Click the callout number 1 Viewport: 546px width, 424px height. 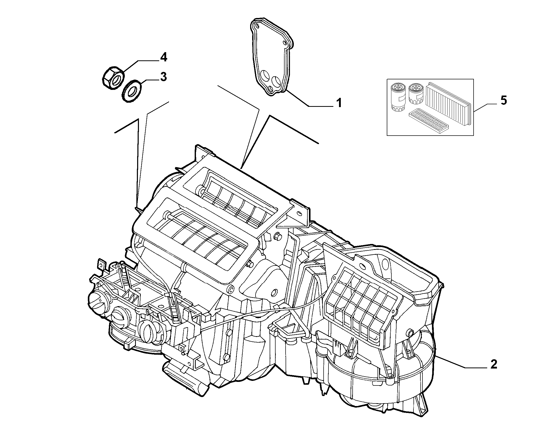(x=339, y=103)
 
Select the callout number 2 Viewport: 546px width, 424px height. (x=493, y=364)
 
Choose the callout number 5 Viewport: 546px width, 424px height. (x=504, y=100)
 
